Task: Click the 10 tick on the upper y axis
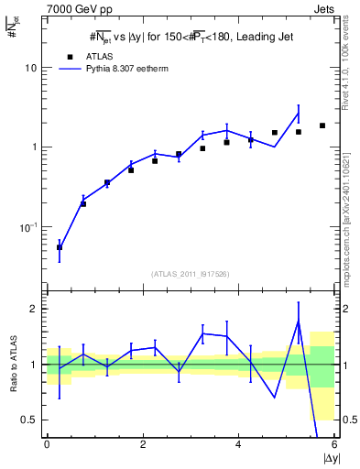31,68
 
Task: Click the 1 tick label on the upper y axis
35,147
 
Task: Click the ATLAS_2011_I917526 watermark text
191,274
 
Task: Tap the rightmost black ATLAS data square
322,125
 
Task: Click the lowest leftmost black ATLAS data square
60,247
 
